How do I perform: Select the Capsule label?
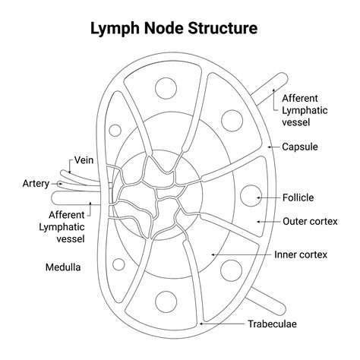coord(300,147)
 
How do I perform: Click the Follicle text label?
coord(298,197)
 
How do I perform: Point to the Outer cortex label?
coord(310,222)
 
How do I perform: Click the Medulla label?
coord(63,267)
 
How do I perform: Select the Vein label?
coord(84,161)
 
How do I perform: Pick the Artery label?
coord(36,183)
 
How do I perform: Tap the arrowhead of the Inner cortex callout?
coord(213,254)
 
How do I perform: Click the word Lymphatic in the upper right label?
coord(304,111)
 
